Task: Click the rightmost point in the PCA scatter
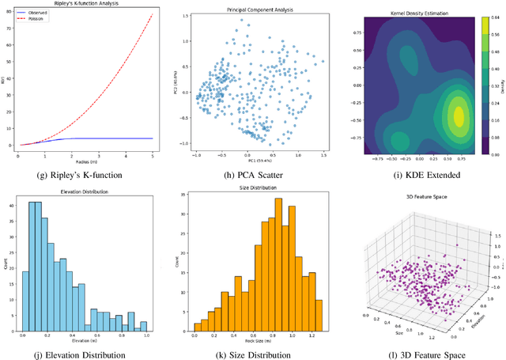tap(323, 61)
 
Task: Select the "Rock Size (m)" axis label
tap(257, 342)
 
